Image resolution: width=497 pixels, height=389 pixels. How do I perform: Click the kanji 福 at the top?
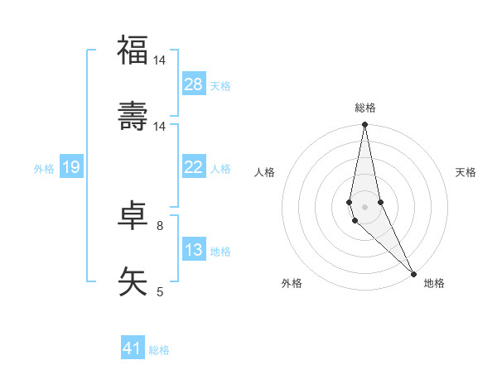(x=133, y=50)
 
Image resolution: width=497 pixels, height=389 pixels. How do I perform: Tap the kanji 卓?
(x=133, y=214)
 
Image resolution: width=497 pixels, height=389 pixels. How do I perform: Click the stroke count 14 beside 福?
(x=160, y=60)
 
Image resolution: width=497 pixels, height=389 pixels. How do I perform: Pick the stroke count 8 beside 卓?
(x=160, y=225)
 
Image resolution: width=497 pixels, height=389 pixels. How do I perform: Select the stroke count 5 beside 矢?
(x=160, y=291)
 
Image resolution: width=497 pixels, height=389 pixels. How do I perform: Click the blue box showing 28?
(x=194, y=84)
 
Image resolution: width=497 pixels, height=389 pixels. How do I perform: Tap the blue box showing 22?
(x=194, y=167)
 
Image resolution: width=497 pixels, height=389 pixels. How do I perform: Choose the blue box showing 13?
(x=194, y=250)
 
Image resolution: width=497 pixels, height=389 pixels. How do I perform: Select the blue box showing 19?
(x=70, y=167)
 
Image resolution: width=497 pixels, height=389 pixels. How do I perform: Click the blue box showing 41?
(x=133, y=348)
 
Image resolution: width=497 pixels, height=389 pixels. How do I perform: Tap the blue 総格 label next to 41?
(x=159, y=350)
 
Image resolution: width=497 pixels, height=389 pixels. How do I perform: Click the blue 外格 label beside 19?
(x=44, y=169)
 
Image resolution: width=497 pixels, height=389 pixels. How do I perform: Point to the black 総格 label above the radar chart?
(x=365, y=108)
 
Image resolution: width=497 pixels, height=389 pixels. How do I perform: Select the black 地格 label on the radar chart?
(x=434, y=283)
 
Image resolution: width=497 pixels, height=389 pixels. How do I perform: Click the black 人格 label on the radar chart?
(x=265, y=172)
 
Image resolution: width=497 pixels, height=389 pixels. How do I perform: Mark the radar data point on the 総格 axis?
(x=364, y=125)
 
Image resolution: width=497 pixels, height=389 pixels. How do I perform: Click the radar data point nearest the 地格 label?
(x=413, y=272)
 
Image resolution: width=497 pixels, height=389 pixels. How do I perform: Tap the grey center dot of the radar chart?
(x=364, y=206)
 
